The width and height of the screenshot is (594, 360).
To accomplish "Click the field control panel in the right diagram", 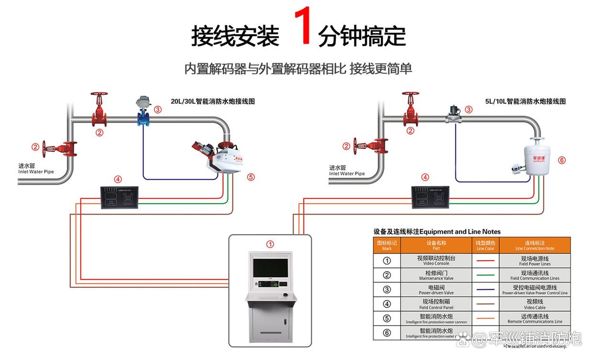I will click(x=430, y=197).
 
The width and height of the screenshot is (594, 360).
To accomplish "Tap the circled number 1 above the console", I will click(x=270, y=244).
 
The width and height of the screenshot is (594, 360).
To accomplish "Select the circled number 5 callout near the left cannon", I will click(x=251, y=177).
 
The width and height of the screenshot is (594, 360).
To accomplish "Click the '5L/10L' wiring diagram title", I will click(x=525, y=101).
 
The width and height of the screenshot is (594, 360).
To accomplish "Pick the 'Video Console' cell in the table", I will click(x=436, y=261).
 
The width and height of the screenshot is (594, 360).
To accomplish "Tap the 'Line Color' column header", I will click(x=486, y=245).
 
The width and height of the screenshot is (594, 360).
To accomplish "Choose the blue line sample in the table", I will click(x=486, y=290).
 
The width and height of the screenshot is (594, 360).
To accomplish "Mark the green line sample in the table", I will click(x=486, y=275).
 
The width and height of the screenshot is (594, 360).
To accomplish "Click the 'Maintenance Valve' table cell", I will click(x=436, y=275).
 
